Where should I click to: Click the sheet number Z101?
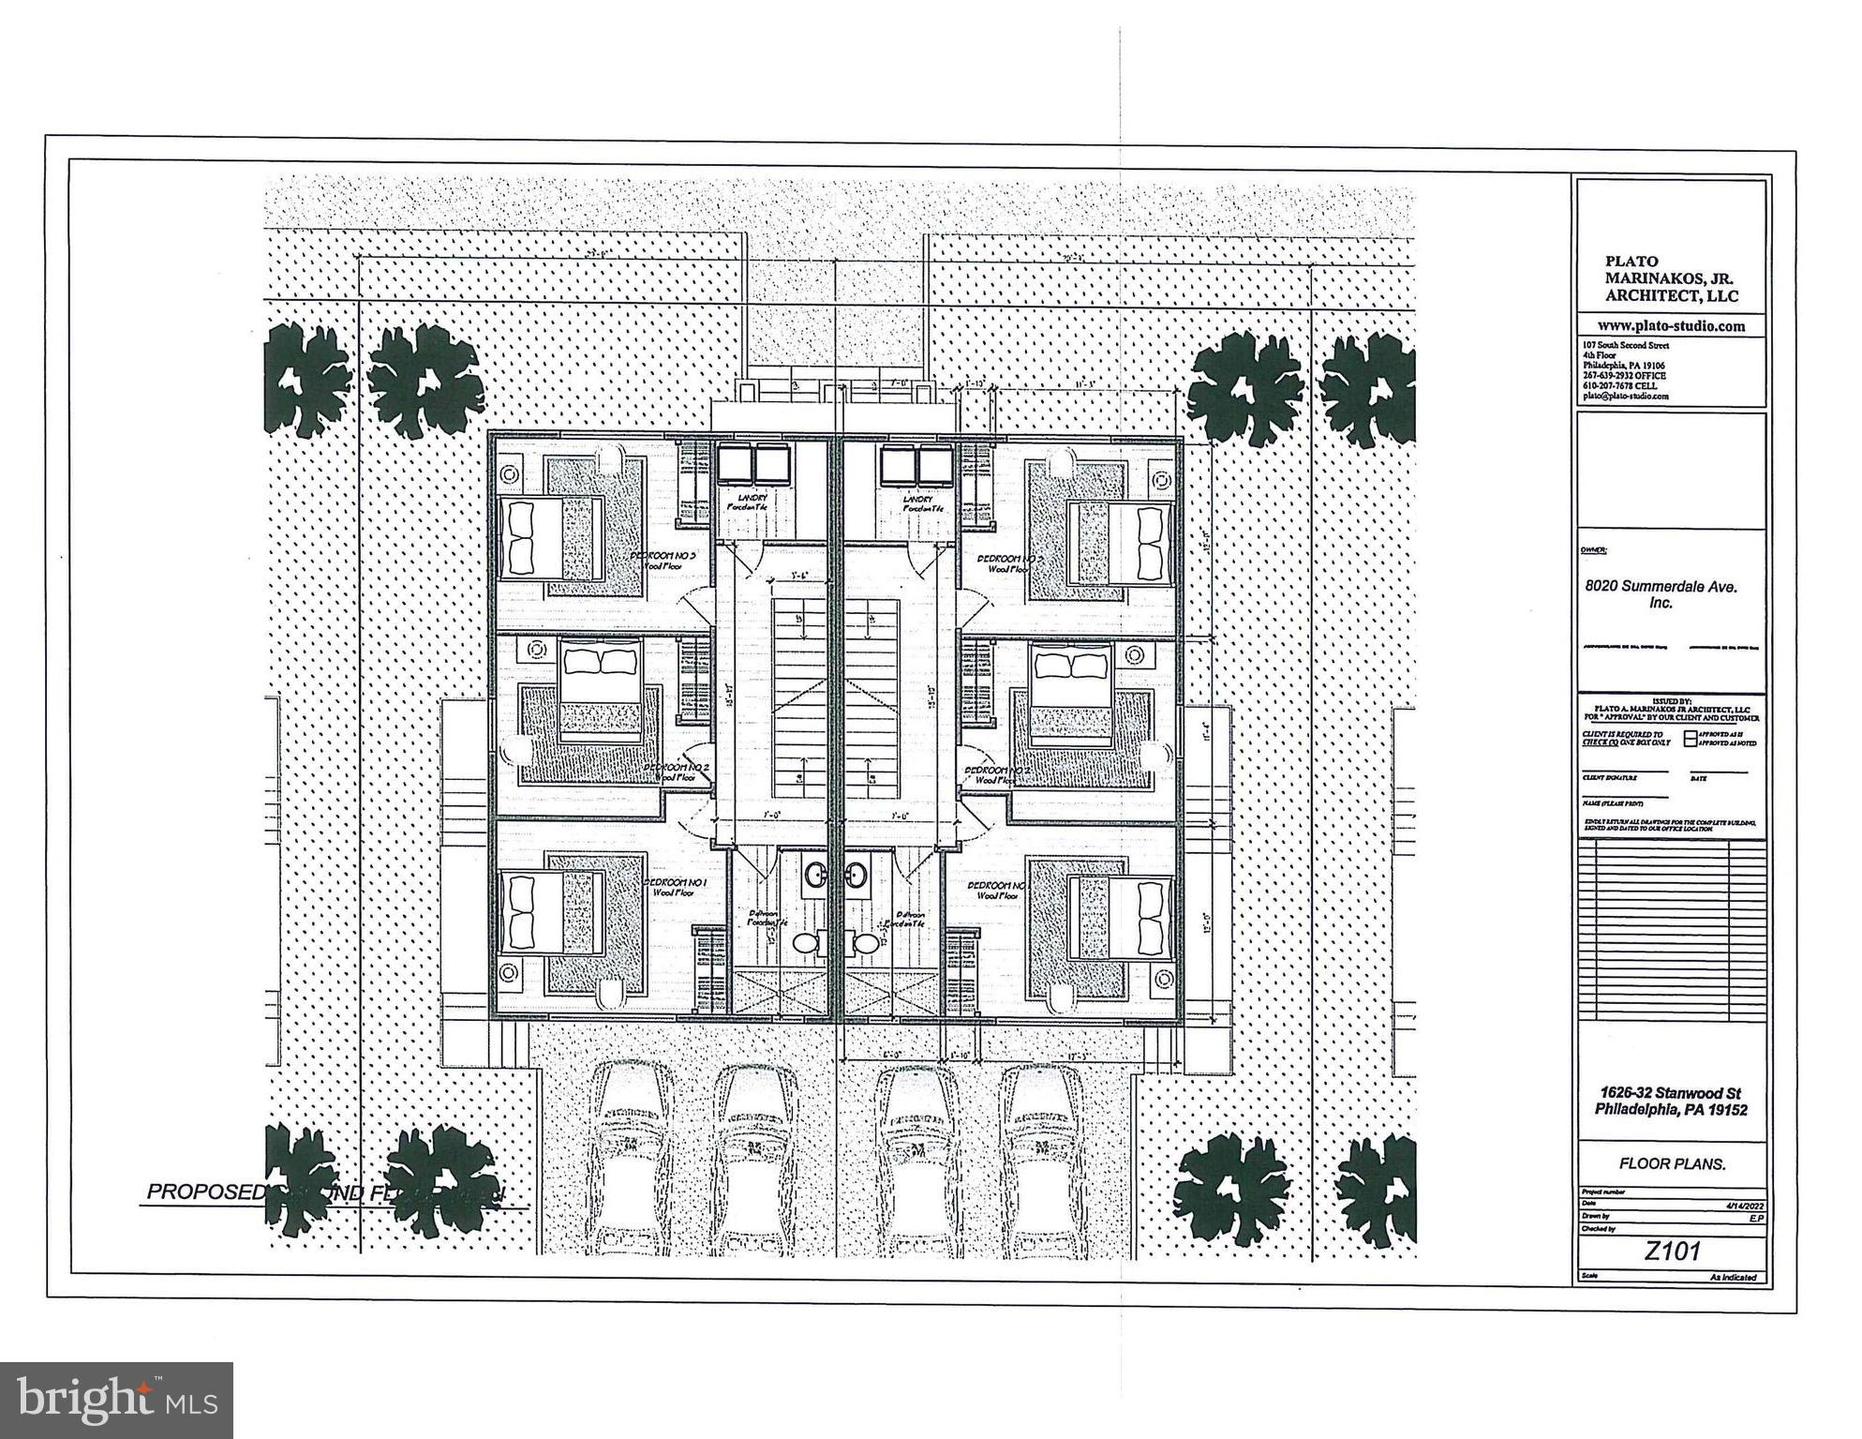tap(1672, 1251)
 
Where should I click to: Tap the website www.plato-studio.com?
tap(1672, 326)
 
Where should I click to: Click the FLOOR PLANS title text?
tap(1672, 1163)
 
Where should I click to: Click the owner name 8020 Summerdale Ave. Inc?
tap(1661, 594)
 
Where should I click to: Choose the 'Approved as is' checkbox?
tap(1690, 735)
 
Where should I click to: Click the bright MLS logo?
tap(116, 1400)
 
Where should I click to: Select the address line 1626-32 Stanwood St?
tap(1672, 1093)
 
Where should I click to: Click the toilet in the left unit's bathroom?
tap(804, 943)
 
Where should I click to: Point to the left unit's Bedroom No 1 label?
tap(675, 883)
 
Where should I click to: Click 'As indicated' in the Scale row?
tap(1733, 1277)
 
